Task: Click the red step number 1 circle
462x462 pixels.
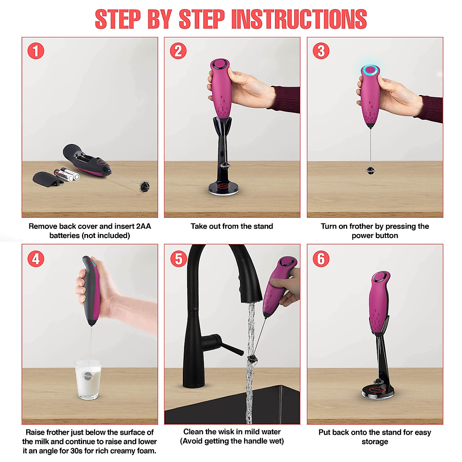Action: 36,51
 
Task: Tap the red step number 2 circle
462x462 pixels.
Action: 178,51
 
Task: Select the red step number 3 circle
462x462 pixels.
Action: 321,51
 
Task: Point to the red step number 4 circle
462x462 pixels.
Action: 36,259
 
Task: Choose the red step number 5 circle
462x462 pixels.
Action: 179,259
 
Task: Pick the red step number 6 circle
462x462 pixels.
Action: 321,259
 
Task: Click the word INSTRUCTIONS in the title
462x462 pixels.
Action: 299,19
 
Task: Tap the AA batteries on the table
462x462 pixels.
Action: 67,174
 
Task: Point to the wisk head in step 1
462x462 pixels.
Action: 145,186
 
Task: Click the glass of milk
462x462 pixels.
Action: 88,380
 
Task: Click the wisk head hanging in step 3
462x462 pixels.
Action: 370,171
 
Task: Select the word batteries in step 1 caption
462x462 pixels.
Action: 65,236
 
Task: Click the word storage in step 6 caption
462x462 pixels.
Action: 375,442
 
